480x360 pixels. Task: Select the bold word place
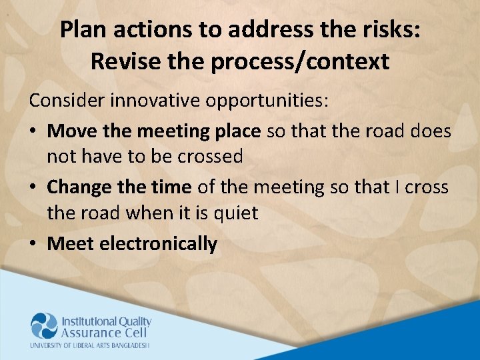(x=237, y=131)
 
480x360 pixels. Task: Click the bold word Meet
(x=71, y=244)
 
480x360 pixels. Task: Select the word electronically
(x=158, y=244)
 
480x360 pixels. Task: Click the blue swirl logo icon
(x=44, y=326)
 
